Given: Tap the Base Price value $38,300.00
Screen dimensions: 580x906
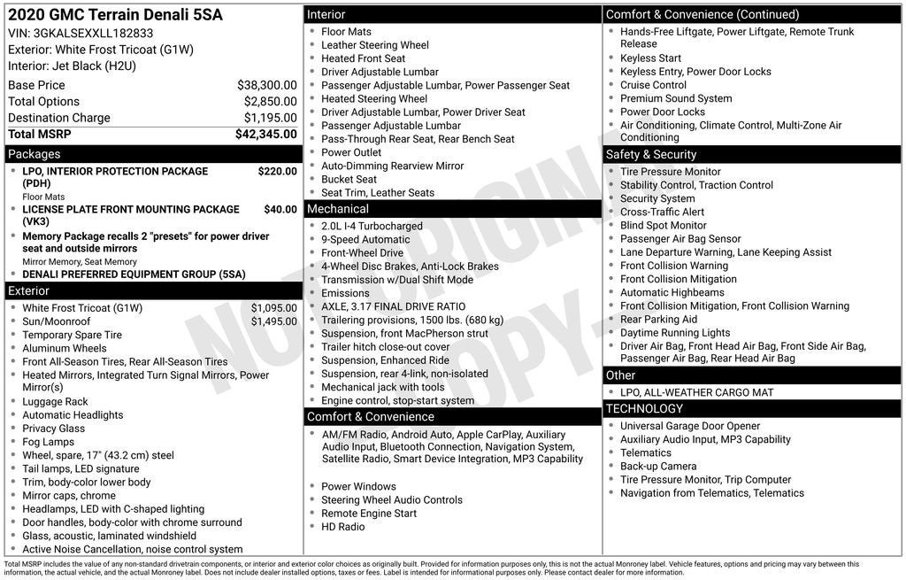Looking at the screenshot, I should [x=266, y=85].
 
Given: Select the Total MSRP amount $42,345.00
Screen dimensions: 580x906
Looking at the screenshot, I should [x=265, y=135].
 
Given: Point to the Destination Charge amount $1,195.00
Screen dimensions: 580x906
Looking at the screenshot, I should [x=270, y=118].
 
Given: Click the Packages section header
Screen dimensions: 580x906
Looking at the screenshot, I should [x=35, y=154].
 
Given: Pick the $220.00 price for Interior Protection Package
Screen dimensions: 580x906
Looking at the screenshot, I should [x=277, y=172].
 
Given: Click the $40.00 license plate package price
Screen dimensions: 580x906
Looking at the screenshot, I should [x=280, y=210].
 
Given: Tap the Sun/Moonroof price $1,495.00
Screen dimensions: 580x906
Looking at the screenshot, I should [x=273, y=321].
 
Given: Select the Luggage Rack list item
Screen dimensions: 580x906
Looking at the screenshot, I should [x=55, y=402].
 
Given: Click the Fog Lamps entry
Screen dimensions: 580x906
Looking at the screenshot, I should [x=48, y=442].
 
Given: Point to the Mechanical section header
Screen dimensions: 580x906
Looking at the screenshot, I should [x=337, y=209].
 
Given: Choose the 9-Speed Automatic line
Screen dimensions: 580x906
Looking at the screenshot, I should [x=365, y=240].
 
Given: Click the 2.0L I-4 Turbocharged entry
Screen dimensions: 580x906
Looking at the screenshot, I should [x=372, y=227].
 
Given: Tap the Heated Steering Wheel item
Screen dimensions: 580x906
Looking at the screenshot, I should [x=373, y=99].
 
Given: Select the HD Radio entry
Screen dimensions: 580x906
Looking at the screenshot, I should [x=342, y=527].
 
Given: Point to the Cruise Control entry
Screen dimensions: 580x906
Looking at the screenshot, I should [x=653, y=85].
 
